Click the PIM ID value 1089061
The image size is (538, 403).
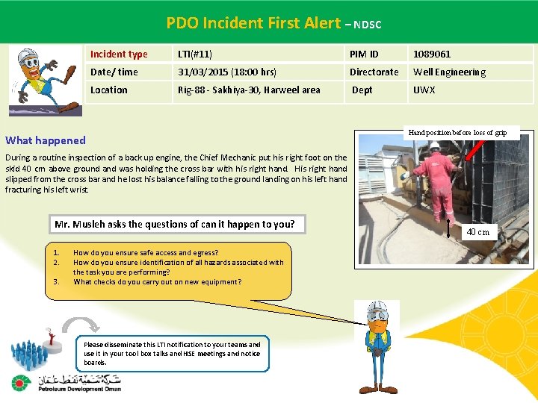[432, 54]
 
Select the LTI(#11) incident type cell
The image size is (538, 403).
[195, 54]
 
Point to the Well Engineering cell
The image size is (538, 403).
[449, 72]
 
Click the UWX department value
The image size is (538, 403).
[424, 90]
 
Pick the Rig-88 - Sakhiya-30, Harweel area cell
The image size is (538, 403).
[249, 90]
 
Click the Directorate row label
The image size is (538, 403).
[374, 72]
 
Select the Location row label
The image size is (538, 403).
[109, 90]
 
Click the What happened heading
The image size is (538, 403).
[46, 140]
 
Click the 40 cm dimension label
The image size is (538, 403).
[477, 232]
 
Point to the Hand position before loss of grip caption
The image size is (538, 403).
[457, 132]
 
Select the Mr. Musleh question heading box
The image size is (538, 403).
[175, 224]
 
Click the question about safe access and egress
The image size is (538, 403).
[146, 253]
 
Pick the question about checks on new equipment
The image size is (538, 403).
[157, 282]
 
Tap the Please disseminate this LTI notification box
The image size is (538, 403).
[172, 353]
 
